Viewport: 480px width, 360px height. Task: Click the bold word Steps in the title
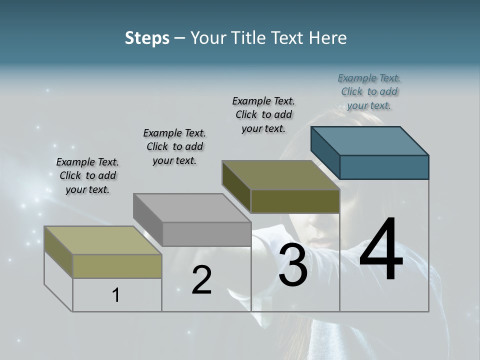point(147,38)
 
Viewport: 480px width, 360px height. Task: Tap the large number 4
point(381,250)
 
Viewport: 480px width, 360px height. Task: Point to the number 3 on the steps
point(292,265)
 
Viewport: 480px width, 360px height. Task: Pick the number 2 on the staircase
point(201,280)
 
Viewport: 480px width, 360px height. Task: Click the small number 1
point(116,295)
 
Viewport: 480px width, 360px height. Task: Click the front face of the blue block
point(384,167)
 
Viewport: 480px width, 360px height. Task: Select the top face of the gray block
point(192,207)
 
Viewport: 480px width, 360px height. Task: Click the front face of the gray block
point(206,234)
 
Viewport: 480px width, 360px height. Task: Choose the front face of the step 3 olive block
point(295,201)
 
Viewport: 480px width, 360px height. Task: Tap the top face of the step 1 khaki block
point(103,240)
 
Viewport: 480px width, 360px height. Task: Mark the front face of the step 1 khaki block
point(117,266)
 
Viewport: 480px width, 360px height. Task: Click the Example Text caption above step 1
point(87,175)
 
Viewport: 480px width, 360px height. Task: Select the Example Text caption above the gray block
point(174,146)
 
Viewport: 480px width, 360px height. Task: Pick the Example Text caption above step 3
point(263,114)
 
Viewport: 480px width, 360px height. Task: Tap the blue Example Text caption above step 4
point(369,91)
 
